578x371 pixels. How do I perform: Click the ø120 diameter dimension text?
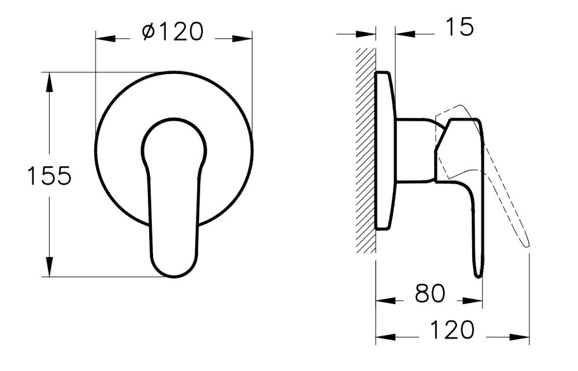(173, 32)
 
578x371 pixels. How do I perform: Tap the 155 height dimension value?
(49, 176)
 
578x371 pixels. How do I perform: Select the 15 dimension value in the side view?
(460, 27)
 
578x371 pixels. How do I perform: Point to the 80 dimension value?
(430, 295)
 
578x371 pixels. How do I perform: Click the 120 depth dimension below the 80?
(451, 330)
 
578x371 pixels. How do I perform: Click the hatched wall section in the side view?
(365, 150)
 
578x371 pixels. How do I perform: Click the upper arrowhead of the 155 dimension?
(50, 81)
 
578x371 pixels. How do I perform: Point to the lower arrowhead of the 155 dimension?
(50, 268)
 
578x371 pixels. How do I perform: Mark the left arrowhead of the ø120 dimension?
(104, 39)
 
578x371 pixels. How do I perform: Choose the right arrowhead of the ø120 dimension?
(243, 39)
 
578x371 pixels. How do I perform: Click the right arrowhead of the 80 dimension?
(473, 301)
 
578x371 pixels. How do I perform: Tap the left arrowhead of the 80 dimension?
(385, 301)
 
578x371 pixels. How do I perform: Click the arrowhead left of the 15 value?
(366, 34)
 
